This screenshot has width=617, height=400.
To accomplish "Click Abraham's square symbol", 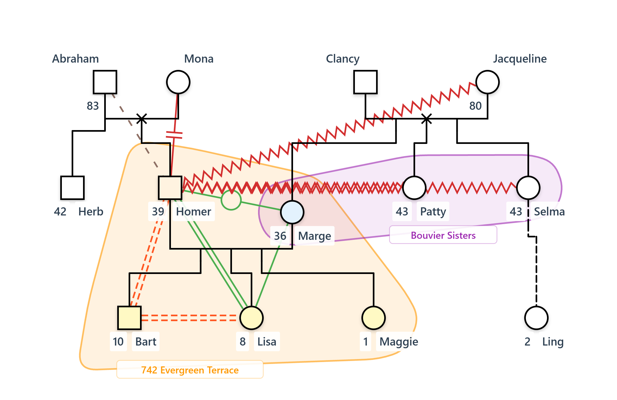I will pyautogui.click(x=105, y=82).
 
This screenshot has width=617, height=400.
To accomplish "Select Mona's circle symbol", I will pyautogui.click(x=178, y=82).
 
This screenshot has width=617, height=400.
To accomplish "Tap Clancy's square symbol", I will pyautogui.click(x=365, y=82).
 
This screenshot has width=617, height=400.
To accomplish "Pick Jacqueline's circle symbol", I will pyautogui.click(x=487, y=82).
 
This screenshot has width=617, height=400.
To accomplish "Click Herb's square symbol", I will pyautogui.click(x=72, y=188).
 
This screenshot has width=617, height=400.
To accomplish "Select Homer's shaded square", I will pyautogui.click(x=170, y=188).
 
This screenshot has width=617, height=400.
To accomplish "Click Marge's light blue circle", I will pyautogui.click(x=292, y=212).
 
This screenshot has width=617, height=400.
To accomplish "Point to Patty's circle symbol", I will pyautogui.click(x=414, y=188).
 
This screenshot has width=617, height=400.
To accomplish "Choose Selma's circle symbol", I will pyautogui.click(x=528, y=188).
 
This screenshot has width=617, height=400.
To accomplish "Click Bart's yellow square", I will pyautogui.click(x=129, y=318).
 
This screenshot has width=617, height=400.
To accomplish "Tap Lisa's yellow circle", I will pyautogui.click(x=252, y=318).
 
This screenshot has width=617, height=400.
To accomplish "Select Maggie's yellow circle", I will pyautogui.click(x=373, y=318).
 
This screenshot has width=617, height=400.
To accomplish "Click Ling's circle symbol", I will pyautogui.click(x=536, y=318).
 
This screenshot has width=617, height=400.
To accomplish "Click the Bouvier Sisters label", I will pyautogui.click(x=443, y=235).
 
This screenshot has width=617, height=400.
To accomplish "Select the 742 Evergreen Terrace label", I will pyautogui.click(x=190, y=370).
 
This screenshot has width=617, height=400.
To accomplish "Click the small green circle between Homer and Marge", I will pyautogui.click(x=231, y=200).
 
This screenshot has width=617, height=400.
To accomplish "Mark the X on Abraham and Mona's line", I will pyautogui.click(x=142, y=119).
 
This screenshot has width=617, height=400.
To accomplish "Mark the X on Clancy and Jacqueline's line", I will pyautogui.click(x=427, y=119).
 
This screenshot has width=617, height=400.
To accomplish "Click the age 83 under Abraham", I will pyautogui.click(x=93, y=106).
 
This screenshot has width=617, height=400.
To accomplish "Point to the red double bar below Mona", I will pyautogui.click(x=174, y=135).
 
